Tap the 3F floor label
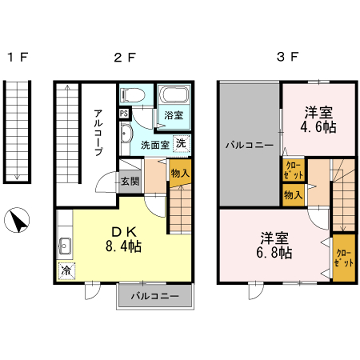tap(286, 58)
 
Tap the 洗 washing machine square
tap(180, 143)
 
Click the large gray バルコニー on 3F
tap(244, 145)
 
